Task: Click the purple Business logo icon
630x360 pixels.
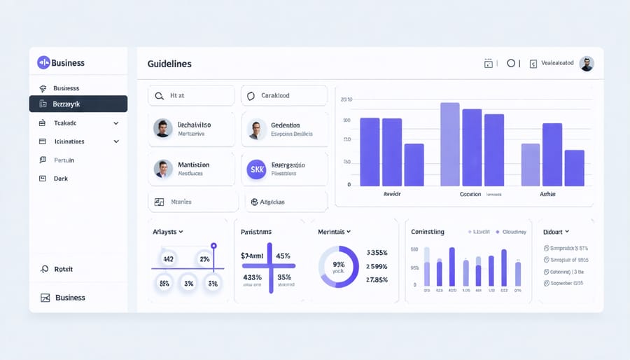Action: pos(43,63)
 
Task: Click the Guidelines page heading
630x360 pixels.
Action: pos(169,64)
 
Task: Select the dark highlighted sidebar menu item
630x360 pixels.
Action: pos(78,104)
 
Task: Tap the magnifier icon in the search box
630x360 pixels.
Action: pos(160,96)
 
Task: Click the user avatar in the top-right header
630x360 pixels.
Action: pos(587,64)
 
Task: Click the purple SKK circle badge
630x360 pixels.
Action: pos(257,168)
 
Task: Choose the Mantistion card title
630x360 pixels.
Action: pos(194,165)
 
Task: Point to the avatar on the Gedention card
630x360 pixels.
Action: pos(257,129)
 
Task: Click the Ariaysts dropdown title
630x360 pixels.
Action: pos(168,231)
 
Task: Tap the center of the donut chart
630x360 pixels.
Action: pos(338,267)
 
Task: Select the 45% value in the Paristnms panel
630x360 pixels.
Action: pos(283,256)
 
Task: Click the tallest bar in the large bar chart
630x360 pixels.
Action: pos(449,144)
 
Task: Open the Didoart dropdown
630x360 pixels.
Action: pos(557,231)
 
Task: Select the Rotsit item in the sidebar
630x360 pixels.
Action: pos(63,269)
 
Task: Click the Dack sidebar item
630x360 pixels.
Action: pos(62,179)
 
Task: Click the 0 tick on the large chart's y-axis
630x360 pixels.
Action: pos(349,185)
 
